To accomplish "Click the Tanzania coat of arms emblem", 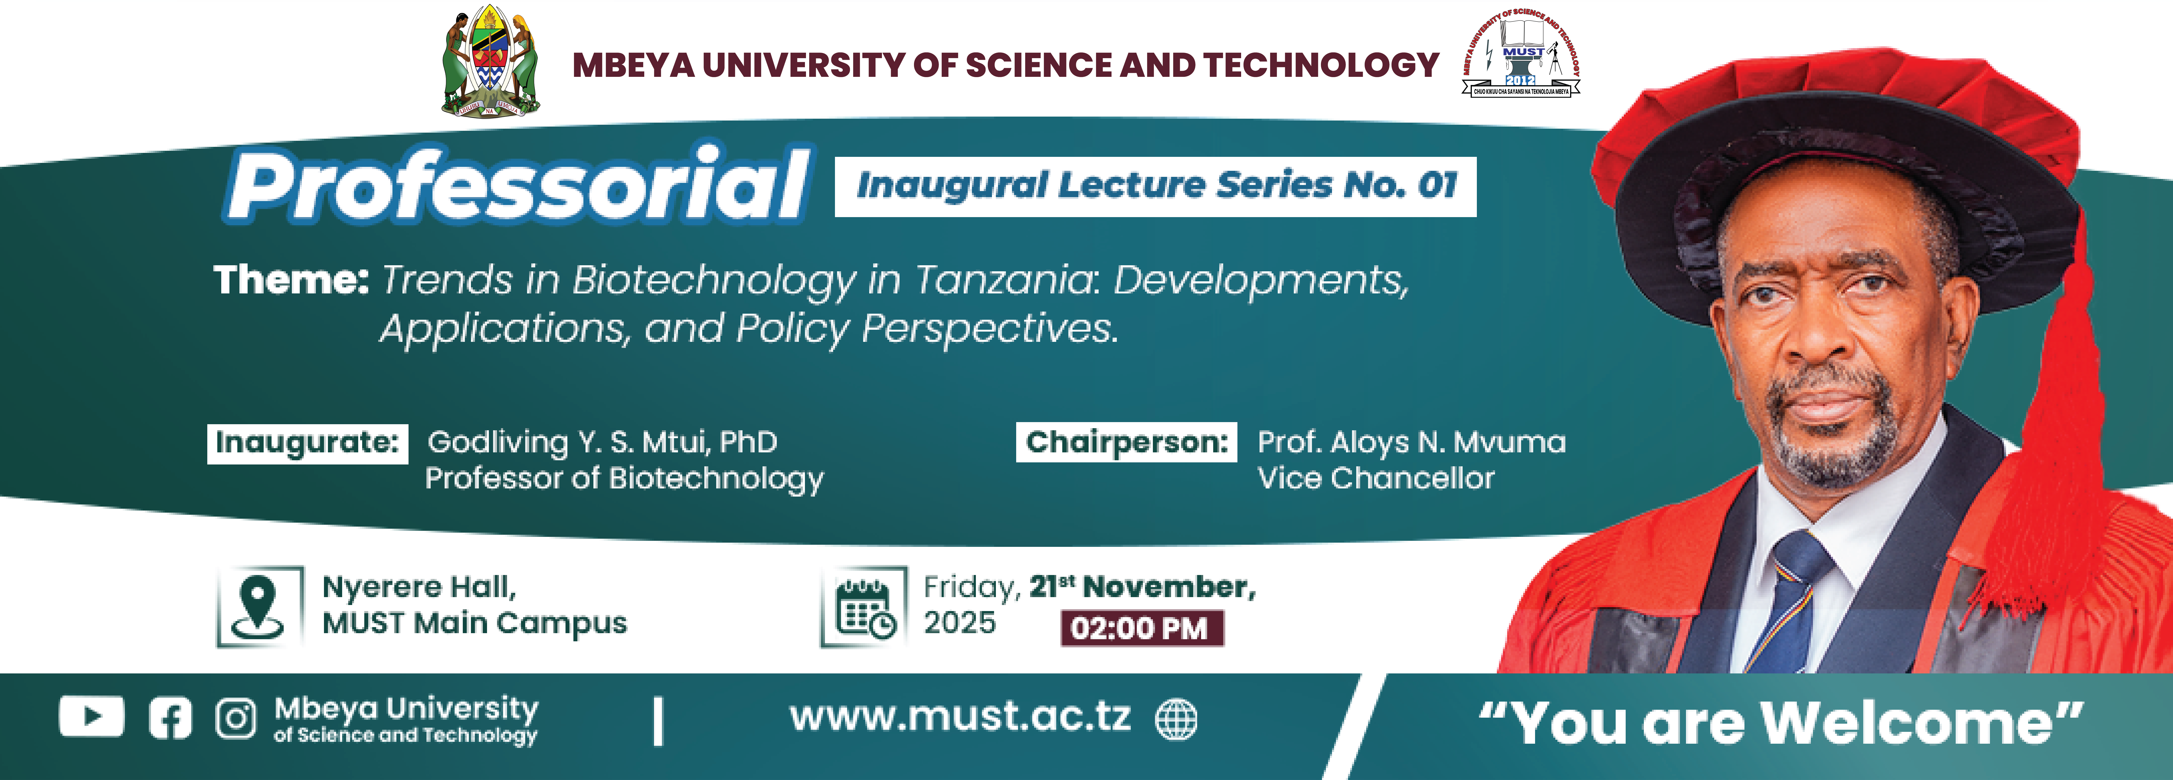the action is coord(491,62).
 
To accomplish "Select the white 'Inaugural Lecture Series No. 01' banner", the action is coord(1156,186).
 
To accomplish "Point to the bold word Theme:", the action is coord(291,279).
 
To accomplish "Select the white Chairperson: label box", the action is coord(1126,442).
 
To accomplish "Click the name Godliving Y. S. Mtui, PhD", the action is coord(602,442).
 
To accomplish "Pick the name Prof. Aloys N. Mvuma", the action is coord(1411,442).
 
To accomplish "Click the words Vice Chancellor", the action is coord(1376,478).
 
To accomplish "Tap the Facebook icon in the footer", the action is coord(170,718).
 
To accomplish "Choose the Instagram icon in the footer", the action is coord(235,718).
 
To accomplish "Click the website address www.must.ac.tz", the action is coord(960,717).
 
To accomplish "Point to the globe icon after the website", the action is coord(1176,719).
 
